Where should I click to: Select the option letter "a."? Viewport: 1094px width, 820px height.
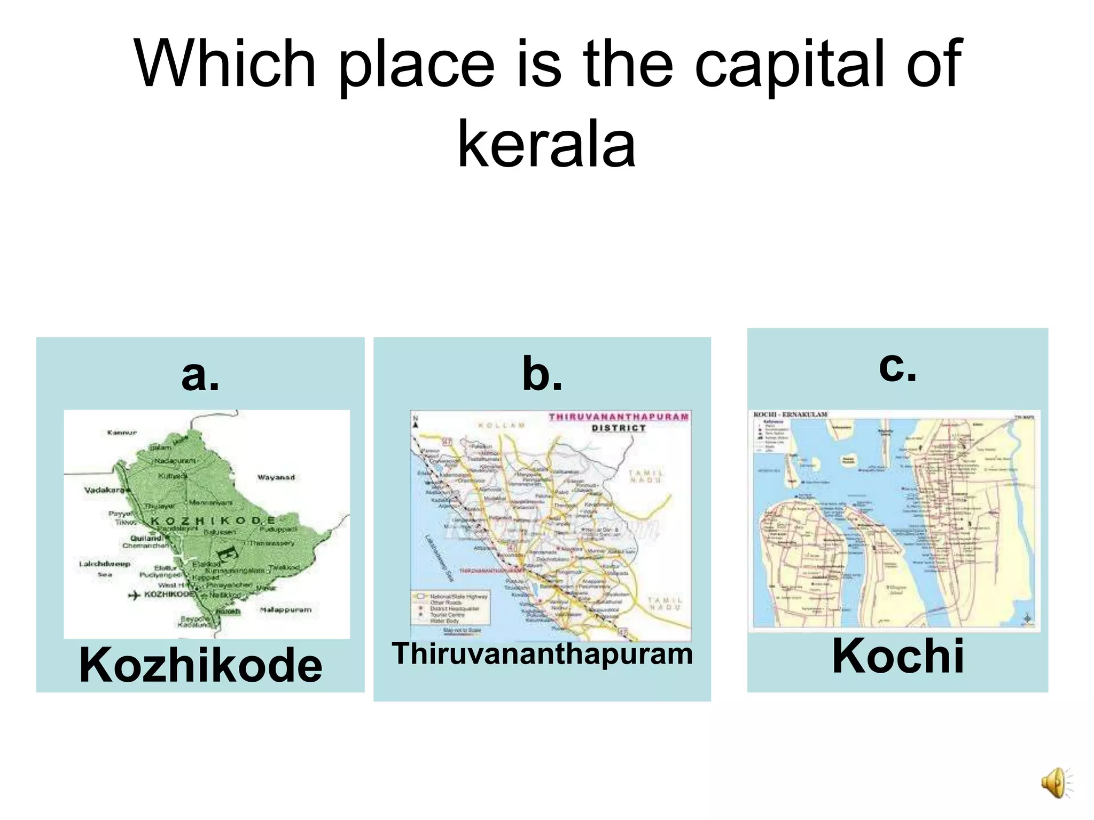(x=200, y=374)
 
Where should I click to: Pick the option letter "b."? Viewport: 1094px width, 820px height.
(x=542, y=374)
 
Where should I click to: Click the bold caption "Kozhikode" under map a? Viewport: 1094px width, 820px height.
(x=200, y=665)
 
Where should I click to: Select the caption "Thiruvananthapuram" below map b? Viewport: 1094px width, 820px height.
(x=542, y=653)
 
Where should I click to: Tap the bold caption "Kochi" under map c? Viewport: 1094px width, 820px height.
(x=898, y=656)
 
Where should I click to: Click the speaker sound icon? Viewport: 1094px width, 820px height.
(x=1056, y=783)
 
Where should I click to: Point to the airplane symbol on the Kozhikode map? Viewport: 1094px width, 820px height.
(x=135, y=595)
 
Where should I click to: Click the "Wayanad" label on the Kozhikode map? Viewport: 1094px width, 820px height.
(x=276, y=477)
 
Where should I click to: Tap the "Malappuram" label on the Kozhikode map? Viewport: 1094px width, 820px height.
(x=286, y=610)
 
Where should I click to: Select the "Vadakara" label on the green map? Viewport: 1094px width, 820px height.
(x=104, y=490)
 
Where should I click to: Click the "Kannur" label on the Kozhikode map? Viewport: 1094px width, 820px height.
(x=122, y=432)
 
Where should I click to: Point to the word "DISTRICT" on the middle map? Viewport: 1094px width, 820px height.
(x=619, y=428)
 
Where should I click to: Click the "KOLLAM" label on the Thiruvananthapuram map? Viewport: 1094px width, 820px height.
(x=502, y=425)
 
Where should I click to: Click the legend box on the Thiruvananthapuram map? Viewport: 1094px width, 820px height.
(x=450, y=608)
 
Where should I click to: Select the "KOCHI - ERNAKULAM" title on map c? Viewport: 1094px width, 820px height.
(x=790, y=415)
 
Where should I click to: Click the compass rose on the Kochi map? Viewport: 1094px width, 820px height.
(x=1027, y=618)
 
